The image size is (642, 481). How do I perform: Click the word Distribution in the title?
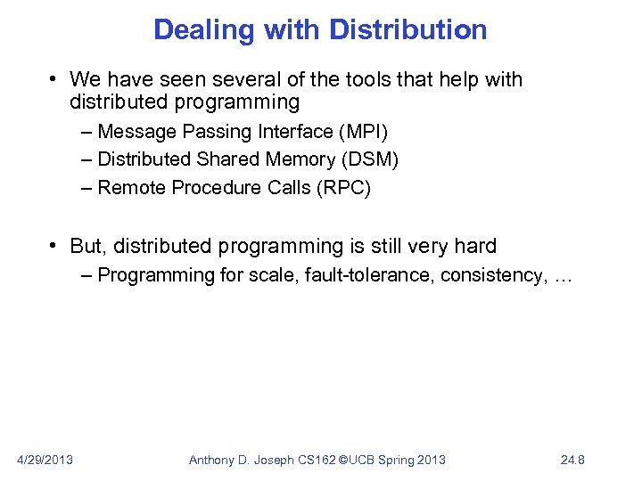pos(408,30)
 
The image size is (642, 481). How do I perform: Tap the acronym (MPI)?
pos(363,132)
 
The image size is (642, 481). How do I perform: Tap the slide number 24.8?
pos(571,460)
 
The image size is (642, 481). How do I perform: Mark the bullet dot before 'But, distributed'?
pos(54,246)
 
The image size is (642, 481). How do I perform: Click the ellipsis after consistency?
pos(563,276)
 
